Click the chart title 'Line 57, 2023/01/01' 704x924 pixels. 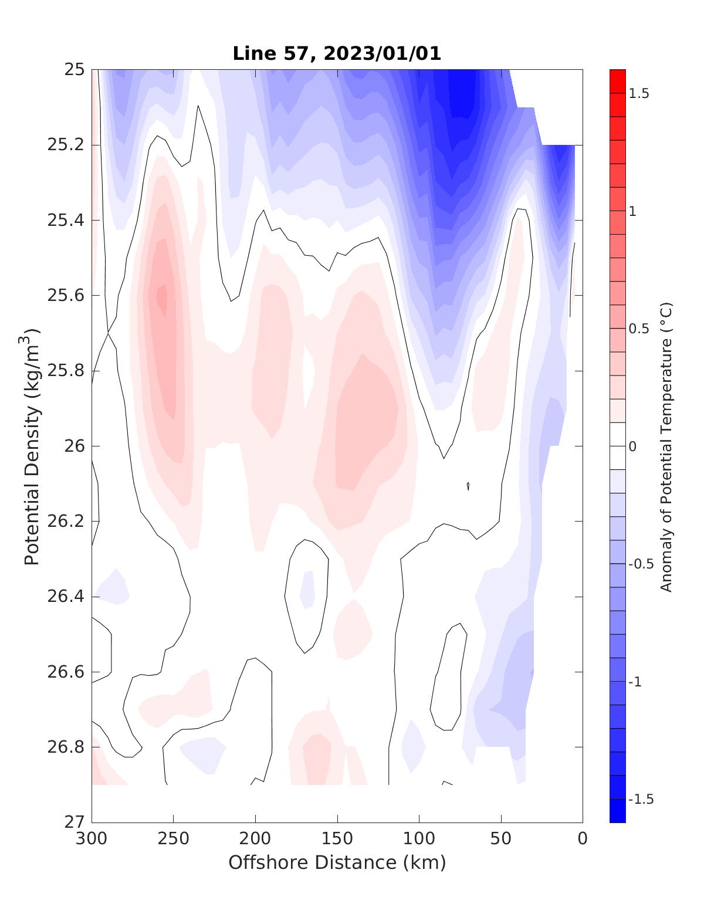(x=337, y=53)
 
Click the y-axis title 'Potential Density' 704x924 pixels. (x=32, y=446)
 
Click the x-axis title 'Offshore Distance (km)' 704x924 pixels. (x=337, y=862)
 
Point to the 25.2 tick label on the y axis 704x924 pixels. (x=65, y=145)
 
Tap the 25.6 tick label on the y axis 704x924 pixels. (x=65, y=296)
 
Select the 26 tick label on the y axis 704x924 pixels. (x=74, y=446)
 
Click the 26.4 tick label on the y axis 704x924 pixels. (x=65, y=597)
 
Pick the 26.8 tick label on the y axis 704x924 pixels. (x=65, y=747)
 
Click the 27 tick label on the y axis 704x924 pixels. (x=74, y=823)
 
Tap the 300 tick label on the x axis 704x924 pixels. (x=92, y=839)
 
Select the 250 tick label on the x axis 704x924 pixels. (x=174, y=839)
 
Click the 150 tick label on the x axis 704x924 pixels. (x=337, y=839)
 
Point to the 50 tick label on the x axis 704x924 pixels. (x=501, y=839)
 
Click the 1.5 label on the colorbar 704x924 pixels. (x=639, y=93)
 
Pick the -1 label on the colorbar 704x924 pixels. (x=636, y=682)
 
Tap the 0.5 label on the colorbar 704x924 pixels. (x=639, y=329)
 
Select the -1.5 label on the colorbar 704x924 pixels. (x=641, y=800)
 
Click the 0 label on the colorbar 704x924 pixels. (x=632, y=446)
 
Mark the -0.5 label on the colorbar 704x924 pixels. (x=641, y=564)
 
